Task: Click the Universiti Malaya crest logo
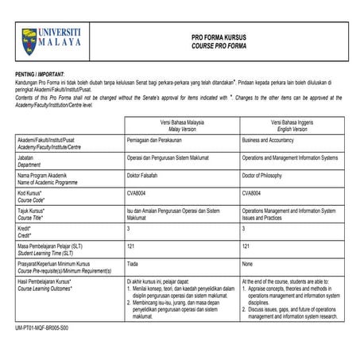click(x=29, y=36)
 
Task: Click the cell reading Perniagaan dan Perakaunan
click(x=156, y=140)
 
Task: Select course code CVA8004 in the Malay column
click(x=139, y=192)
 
